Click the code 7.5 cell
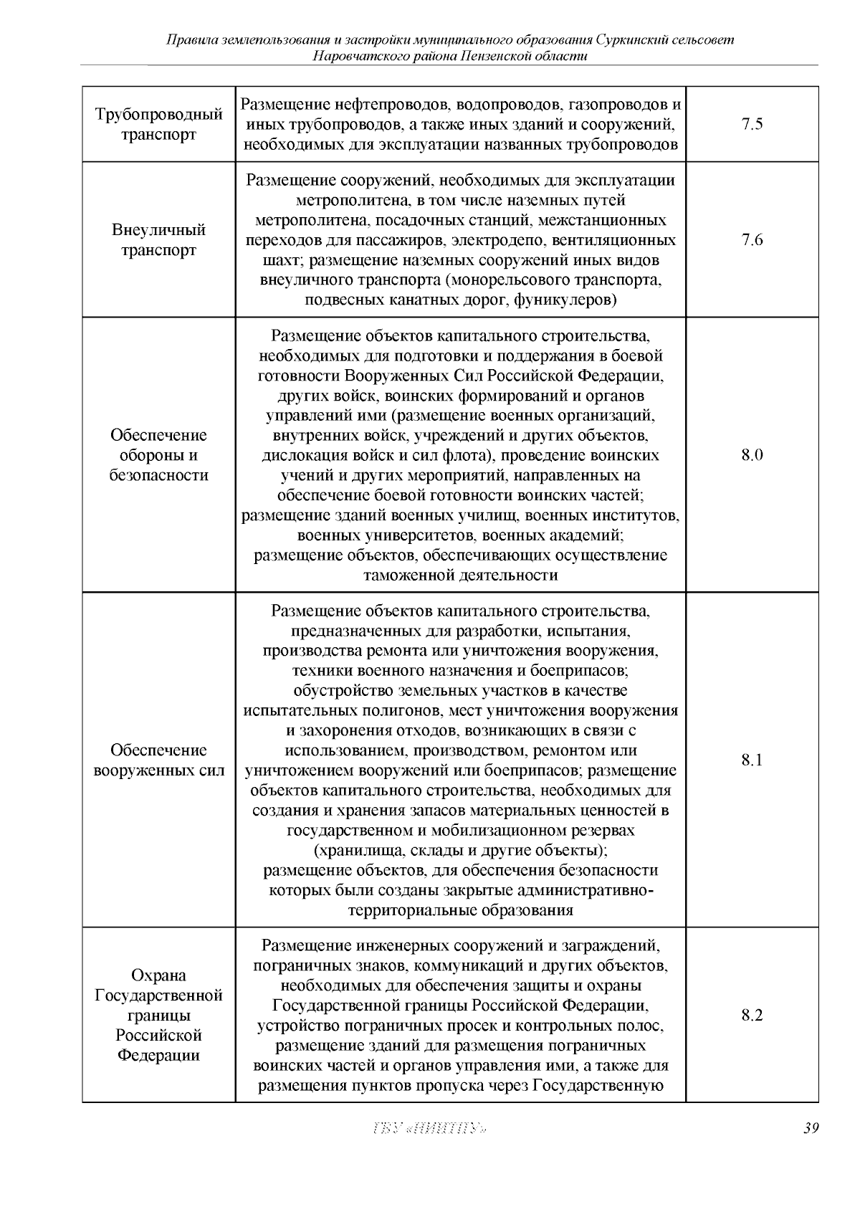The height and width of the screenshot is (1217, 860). coord(752,125)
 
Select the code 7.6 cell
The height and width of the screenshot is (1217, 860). coord(752,240)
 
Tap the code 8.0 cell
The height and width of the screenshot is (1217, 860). coord(752,455)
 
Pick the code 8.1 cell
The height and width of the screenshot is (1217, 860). coord(752,760)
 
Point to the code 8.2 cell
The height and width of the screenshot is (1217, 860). coord(752,1015)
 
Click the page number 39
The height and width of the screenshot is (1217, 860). coord(811,1128)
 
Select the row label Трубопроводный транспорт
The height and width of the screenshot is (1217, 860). coord(158,125)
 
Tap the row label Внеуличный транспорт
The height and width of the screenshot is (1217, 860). coord(158,240)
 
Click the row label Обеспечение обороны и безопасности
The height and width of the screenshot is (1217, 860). coord(158,455)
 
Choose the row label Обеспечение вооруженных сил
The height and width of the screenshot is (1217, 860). coord(158,760)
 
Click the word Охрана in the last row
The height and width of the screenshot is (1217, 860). coord(158,975)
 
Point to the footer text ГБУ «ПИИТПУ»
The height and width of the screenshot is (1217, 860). coord(430,1129)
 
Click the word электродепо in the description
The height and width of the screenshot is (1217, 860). coord(522,240)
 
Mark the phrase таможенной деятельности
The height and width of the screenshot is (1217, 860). coord(461,575)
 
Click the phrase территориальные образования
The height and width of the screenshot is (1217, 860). coord(461,911)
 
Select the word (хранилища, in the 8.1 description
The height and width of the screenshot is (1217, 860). coord(353,851)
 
